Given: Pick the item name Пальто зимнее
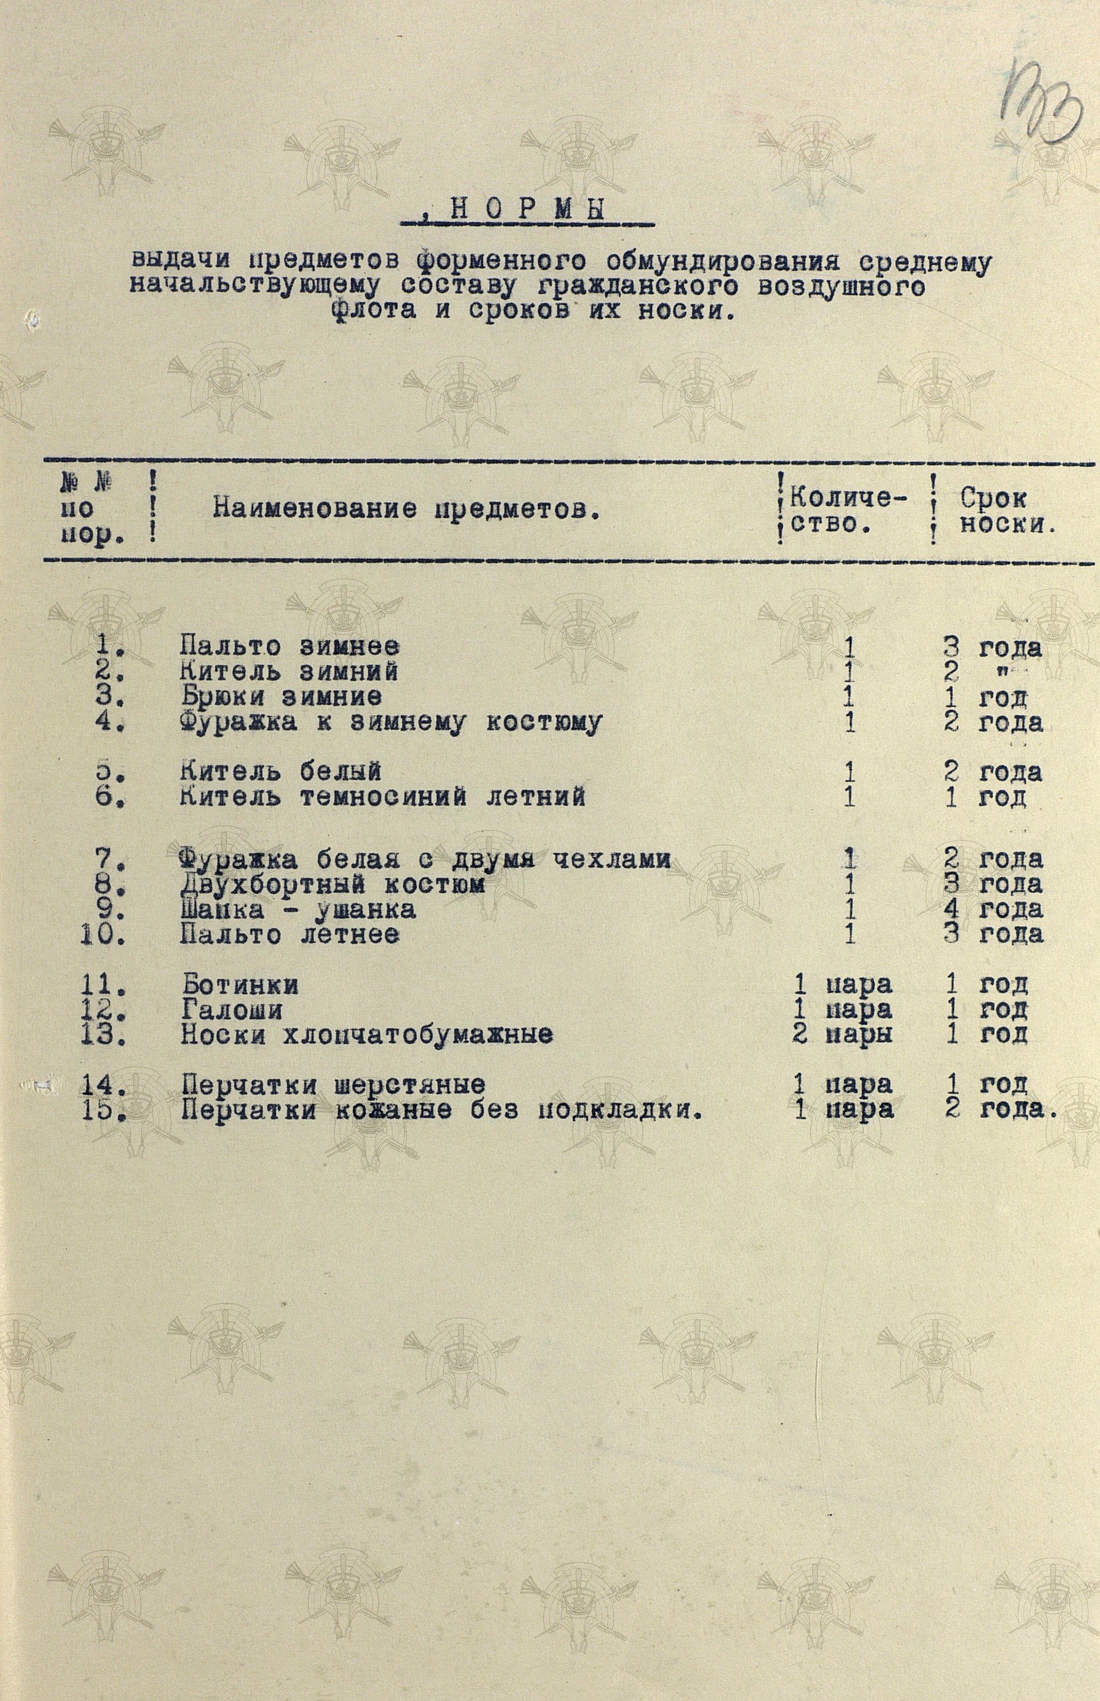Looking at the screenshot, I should point(290,647).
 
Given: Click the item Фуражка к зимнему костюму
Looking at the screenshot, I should point(390,722).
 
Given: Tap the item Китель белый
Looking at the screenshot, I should point(280,772).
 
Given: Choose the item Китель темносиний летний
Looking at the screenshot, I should point(382,796).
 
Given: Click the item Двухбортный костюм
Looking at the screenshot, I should point(332,884).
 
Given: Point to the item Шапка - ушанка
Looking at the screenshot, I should point(297,909).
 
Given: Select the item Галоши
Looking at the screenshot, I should point(231,1010).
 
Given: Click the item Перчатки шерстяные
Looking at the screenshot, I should point(333,1084).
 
